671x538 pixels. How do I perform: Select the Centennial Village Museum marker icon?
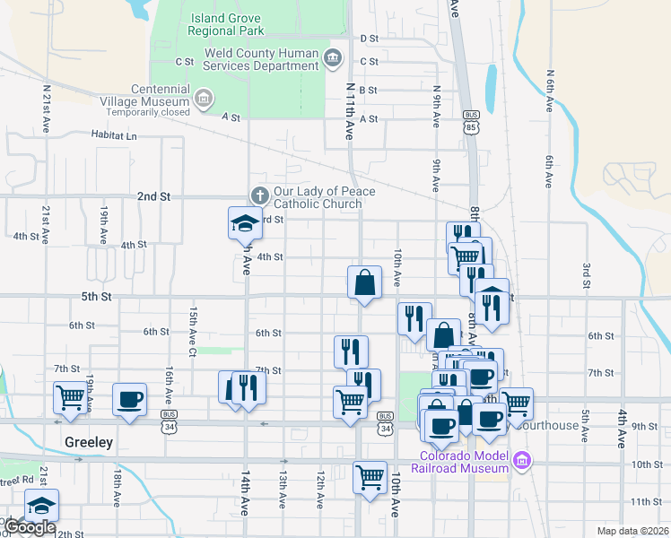pyautogui.click(x=203, y=96)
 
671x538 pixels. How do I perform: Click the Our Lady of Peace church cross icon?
pyautogui.click(x=259, y=195)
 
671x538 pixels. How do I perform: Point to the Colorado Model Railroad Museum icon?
pyautogui.click(x=523, y=463)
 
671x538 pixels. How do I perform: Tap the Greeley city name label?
pyautogui.click(x=88, y=443)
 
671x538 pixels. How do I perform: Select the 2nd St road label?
pyautogui.click(x=153, y=196)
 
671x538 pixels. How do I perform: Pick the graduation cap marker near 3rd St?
pyautogui.click(x=245, y=223)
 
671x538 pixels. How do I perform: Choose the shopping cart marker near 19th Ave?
pyautogui.click(x=70, y=398)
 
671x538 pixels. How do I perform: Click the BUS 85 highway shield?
pyautogui.click(x=471, y=120)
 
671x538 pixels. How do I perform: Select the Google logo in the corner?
pyautogui.click(x=29, y=527)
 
